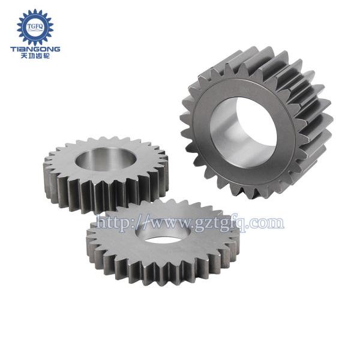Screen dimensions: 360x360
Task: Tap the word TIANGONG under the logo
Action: click(x=35, y=49)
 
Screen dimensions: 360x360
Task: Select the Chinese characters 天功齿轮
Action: click(x=35, y=56)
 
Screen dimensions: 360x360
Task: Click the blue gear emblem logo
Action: click(x=35, y=27)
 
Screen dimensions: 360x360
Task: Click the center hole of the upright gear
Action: click(x=244, y=133)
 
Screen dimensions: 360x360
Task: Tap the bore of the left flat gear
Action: click(x=106, y=159)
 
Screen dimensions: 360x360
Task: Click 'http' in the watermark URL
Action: click(x=113, y=223)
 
